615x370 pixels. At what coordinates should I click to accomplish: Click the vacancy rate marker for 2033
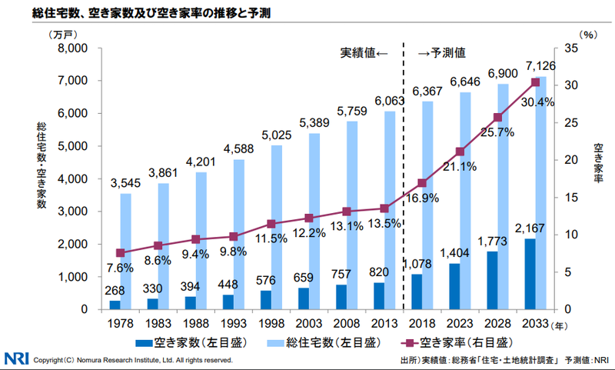point(535,82)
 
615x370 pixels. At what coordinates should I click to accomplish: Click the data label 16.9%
point(422,198)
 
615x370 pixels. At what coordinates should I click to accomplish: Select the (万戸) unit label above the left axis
point(59,35)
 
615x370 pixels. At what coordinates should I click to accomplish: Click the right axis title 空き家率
point(599,162)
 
